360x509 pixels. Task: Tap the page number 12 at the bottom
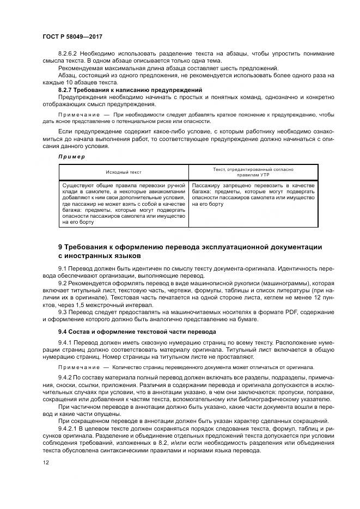44,462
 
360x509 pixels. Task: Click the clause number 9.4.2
66,377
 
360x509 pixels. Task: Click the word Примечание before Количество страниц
75,367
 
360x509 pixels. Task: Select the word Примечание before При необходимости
75,115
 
